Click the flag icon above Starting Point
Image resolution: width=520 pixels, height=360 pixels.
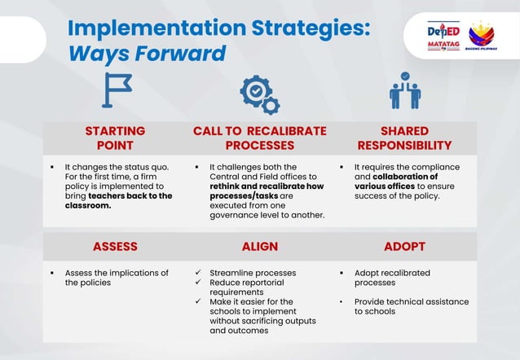[116, 90]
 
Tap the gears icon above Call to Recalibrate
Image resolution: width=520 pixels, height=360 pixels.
[259, 94]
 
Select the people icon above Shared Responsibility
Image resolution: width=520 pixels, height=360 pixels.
[404, 91]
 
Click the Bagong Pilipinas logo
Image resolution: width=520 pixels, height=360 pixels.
[482, 36]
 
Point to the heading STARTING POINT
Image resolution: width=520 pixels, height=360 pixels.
[115, 138]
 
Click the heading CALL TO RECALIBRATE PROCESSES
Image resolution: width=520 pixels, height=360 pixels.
[259, 138]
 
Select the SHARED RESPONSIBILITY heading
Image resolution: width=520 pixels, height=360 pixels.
[404, 138]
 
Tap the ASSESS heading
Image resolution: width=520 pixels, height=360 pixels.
[115, 246]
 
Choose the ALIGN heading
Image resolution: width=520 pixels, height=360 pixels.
[259, 246]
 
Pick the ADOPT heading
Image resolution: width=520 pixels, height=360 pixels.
[404, 246]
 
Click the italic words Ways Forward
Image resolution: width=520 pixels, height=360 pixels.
[146, 54]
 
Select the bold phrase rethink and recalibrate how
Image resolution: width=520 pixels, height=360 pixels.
[265, 186]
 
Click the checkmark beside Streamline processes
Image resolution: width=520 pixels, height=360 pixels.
[199, 273]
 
